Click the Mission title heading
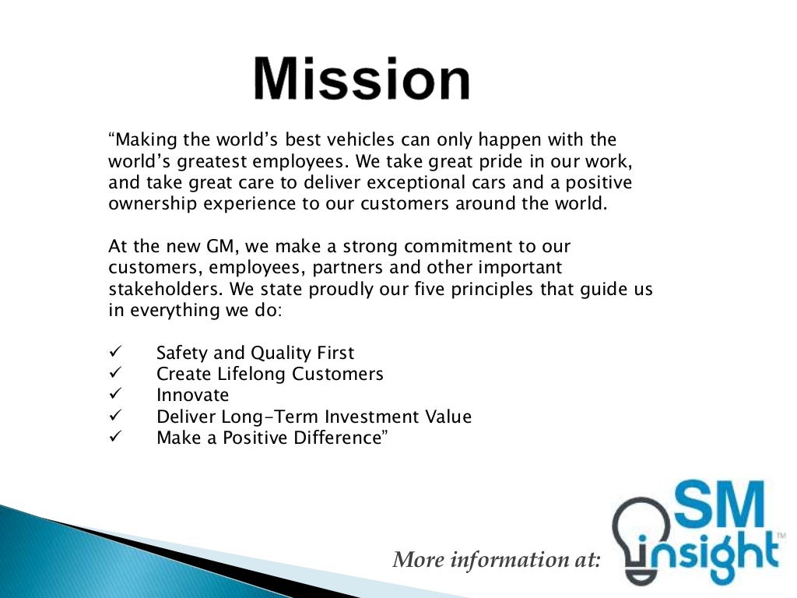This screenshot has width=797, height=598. [362, 79]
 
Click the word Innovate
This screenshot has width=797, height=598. [192, 395]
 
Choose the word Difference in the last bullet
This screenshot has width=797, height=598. [340, 437]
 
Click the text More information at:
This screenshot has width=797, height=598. [497, 559]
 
